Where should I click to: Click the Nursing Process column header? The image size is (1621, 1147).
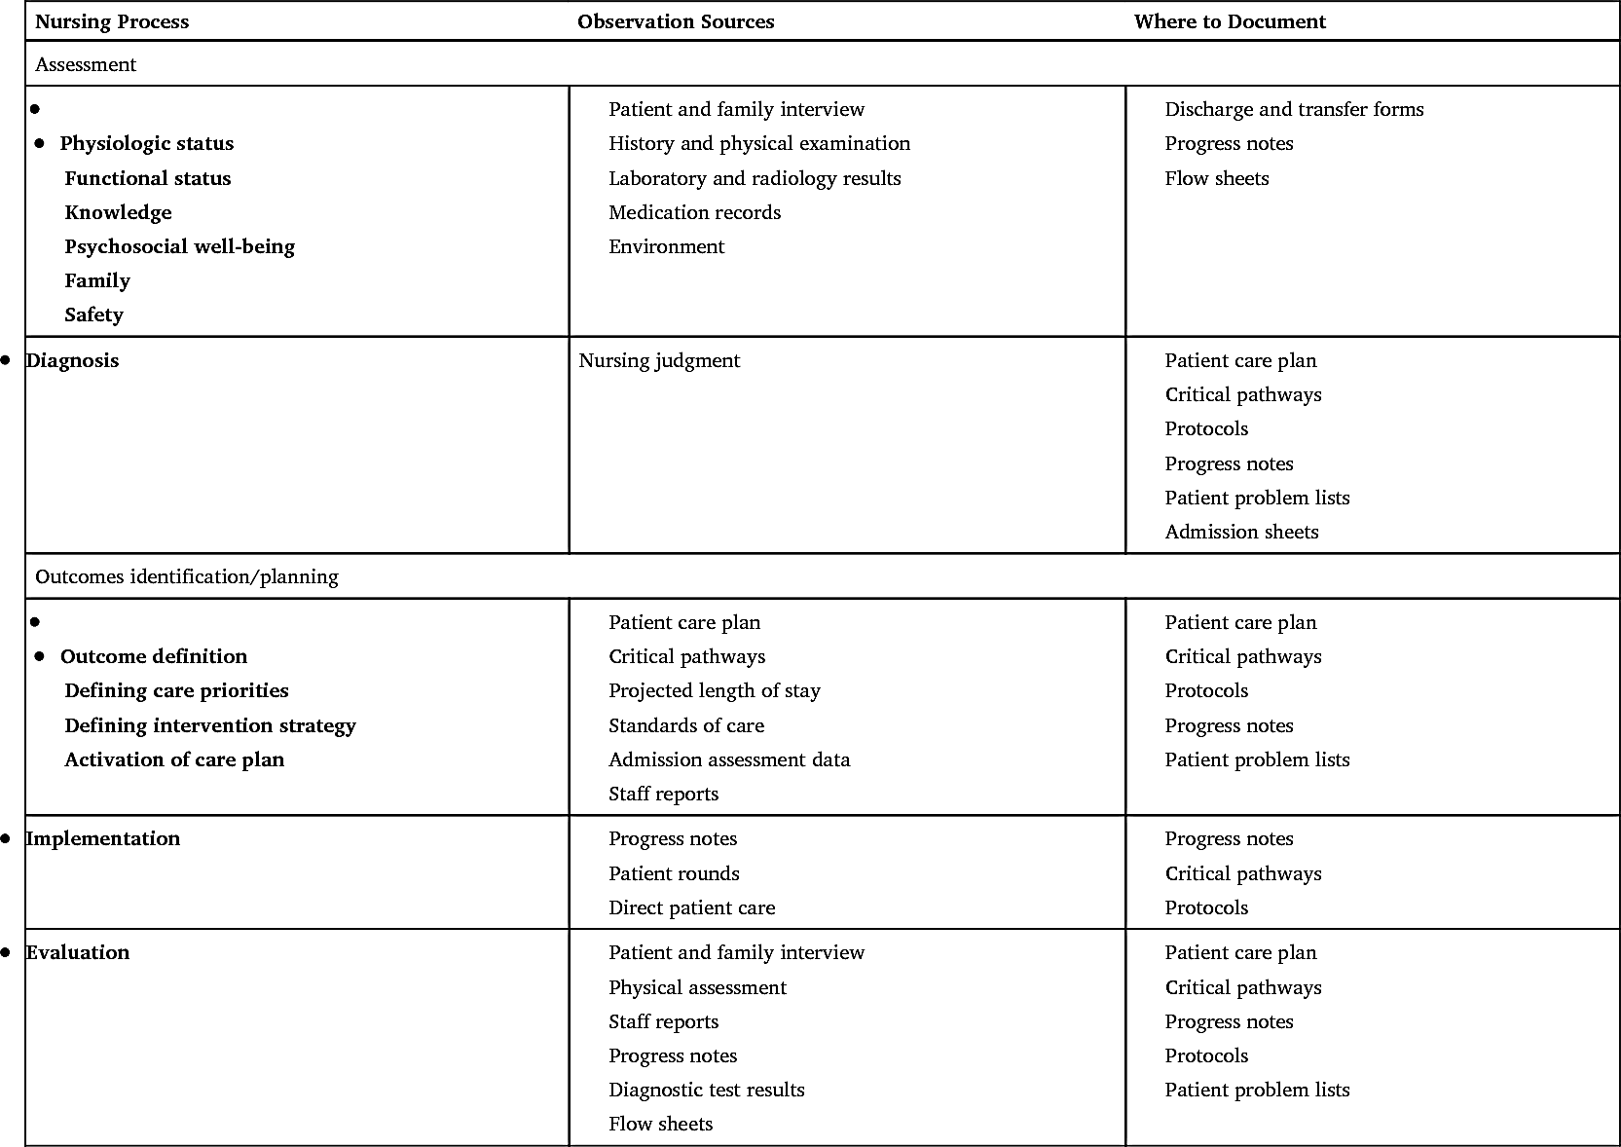tap(112, 21)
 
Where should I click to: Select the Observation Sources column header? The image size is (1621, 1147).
tap(676, 21)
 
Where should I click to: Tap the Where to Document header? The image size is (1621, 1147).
tap(1230, 21)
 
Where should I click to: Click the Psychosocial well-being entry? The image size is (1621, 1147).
tap(179, 246)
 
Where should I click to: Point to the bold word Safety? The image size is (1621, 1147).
tap(93, 314)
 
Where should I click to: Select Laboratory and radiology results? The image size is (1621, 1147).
tap(755, 178)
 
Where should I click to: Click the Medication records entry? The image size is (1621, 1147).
tap(694, 212)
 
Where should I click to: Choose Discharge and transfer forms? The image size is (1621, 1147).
tap(1294, 109)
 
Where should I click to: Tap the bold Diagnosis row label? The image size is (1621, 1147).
tap(72, 360)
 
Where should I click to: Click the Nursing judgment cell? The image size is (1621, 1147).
tap(659, 360)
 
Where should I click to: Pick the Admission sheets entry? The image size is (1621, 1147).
tap(1241, 532)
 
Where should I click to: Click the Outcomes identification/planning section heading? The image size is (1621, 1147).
tap(187, 576)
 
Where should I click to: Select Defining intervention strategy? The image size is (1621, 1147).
tap(210, 725)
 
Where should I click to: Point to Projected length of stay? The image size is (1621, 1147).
tap(715, 690)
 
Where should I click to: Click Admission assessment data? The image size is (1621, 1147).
tap(729, 759)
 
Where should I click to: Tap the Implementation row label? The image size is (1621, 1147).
tap(102, 838)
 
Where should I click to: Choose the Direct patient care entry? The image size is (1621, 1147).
tap(691, 907)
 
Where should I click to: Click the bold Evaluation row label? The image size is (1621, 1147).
tap(77, 952)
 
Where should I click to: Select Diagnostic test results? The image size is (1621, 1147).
tap(707, 1090)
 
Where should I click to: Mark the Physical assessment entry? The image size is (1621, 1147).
tap(697, 987)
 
